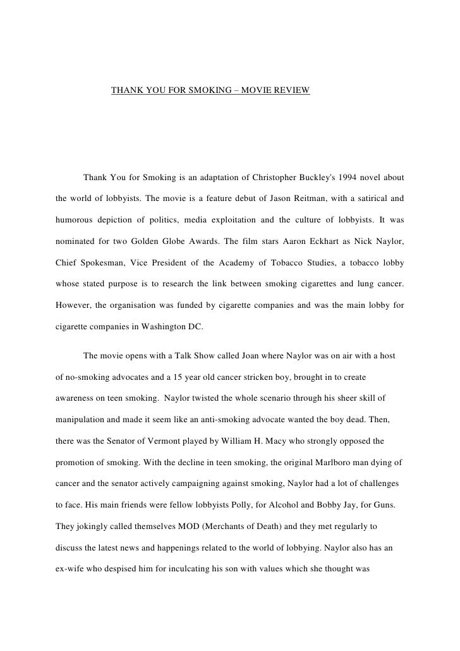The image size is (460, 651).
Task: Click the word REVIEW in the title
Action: point(293,91)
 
